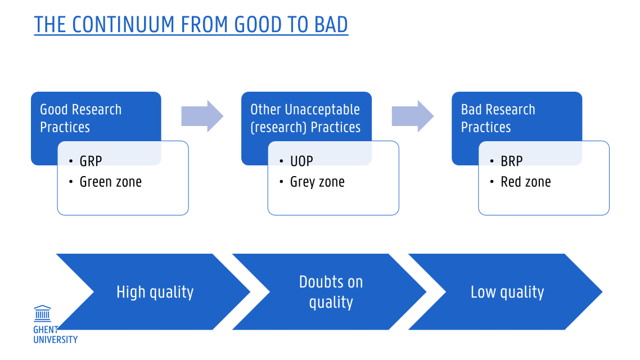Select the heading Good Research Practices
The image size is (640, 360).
point(80,118)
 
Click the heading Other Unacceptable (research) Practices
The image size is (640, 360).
point(305,118)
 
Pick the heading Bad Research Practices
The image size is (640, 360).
point(498,118)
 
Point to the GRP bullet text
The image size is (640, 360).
point(91,161)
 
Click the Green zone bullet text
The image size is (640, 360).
point(110,182)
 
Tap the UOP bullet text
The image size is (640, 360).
point(301,161)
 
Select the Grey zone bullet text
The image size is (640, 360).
point(317,182)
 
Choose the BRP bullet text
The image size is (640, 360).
point(512,161)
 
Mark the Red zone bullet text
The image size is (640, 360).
point(526,182)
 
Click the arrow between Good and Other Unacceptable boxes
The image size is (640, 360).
point(202,116)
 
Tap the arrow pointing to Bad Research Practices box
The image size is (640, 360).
point(412,116)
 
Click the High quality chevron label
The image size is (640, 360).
point(155,292)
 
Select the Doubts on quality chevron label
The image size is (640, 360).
point(331,292)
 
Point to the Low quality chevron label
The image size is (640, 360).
point(507,292)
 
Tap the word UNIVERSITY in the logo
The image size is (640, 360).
point(55,339)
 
